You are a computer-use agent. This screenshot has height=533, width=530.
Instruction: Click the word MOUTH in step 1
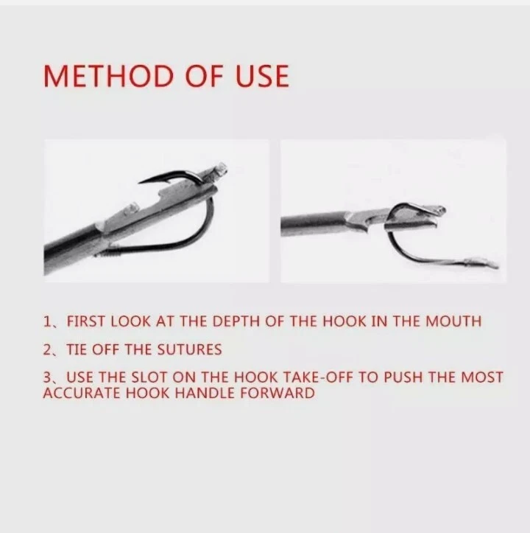[454, 321]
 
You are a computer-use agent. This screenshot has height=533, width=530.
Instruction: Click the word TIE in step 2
[77, 348]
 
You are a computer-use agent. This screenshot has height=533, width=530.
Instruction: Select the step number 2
[46, 348]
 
